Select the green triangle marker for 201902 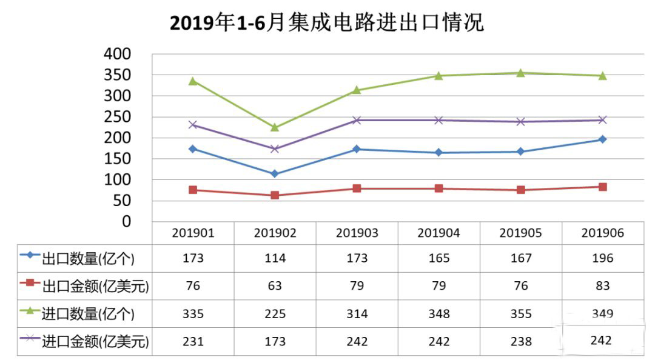[275, 127]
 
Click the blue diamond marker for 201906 [602, 139]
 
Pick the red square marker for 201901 [193, 190]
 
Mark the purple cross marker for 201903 [357, 120]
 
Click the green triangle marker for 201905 [520, 73]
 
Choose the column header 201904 [438, 233]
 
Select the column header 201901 [193, 233]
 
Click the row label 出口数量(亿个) [87, 259]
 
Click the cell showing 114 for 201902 [275, 259]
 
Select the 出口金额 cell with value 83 [602, 286]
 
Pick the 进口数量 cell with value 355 [520, 314]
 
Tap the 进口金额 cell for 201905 [520, 342]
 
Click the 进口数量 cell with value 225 [275, 314]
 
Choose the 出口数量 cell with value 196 [602, 259]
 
